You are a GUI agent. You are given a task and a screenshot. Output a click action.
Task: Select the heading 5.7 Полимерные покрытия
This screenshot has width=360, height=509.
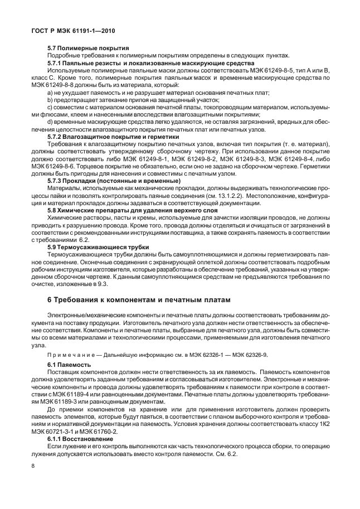(x=89, y=49)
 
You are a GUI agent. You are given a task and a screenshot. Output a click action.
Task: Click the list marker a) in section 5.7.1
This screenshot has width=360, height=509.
(x=50, y=92)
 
